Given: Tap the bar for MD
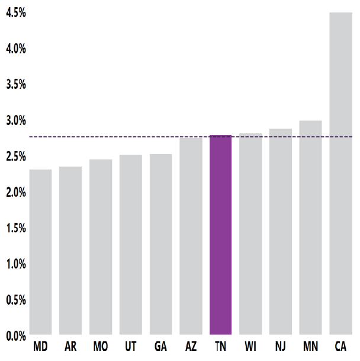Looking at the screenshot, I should coord(40,253).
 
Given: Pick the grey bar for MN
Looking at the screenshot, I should coord(310,228).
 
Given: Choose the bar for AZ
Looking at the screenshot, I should coord(191,237).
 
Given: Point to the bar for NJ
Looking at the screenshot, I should coord(281,232).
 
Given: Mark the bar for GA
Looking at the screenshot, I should coord(160,245).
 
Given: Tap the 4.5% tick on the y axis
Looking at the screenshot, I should coord(15,12).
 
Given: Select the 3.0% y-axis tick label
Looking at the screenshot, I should coord(15,120).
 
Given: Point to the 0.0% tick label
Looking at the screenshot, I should coord(15,336).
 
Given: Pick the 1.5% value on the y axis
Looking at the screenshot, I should coord(15,228).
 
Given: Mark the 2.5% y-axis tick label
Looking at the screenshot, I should coord(15,156).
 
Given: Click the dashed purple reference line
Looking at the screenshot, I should coord(118,137).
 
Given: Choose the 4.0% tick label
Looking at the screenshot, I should coord(15,49).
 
